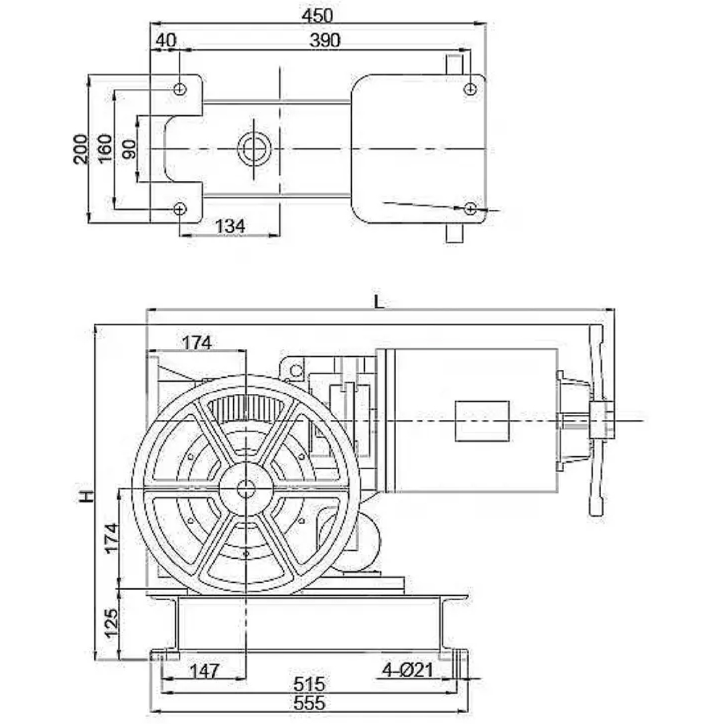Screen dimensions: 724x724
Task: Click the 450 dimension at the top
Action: [317, 16]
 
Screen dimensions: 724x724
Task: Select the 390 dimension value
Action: [324, 41]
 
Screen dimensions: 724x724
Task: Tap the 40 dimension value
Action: [166, 41]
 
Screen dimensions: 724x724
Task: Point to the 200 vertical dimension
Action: [80, 148]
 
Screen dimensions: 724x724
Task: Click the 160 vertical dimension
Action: [105, 148]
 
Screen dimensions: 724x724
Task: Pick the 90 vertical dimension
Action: [130, 148]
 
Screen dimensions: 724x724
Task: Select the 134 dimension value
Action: [230, 226]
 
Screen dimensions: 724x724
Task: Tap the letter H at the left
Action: [86, 497]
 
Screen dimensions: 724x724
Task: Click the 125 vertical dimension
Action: [111, 623]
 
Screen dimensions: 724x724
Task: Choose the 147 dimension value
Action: [204, 670]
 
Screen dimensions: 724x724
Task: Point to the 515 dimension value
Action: [309, 683]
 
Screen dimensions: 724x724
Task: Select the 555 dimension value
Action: [309, 703]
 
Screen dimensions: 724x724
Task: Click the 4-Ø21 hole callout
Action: [407, 670]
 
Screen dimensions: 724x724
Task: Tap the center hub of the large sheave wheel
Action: [245, 489]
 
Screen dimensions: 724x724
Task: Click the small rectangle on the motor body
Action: [482, 421]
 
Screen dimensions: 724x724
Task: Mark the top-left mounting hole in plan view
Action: [180, 88]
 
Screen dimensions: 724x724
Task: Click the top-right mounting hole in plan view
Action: [470, 88]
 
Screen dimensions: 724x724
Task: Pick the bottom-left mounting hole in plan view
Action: [180, 209]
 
